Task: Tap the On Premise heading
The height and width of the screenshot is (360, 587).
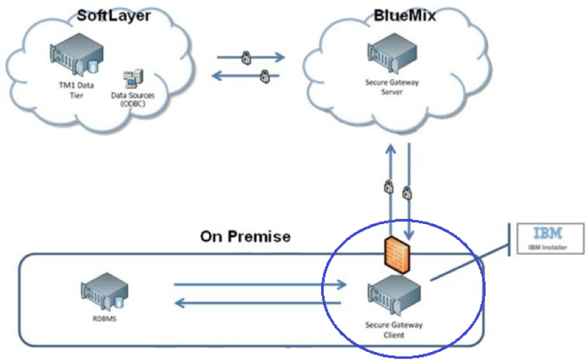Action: point(245,237)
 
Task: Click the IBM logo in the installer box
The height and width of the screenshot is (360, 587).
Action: point(548,233)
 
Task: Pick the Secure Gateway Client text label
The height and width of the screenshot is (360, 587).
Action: point(394,330)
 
